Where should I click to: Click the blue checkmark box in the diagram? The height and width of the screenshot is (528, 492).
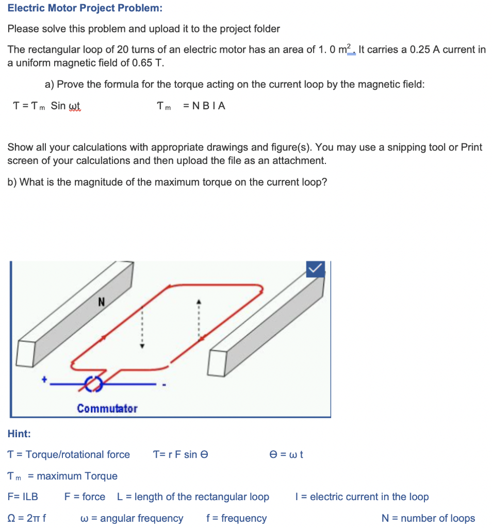316,269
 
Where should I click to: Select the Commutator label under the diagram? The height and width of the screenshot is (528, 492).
107,409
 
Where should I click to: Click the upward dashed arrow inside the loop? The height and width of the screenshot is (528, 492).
196,320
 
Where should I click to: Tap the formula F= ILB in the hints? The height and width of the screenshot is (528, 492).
23,497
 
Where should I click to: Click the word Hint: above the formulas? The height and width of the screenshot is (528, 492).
19,434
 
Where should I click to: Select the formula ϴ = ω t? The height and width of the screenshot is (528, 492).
286,454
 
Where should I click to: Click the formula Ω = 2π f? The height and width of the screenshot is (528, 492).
27,518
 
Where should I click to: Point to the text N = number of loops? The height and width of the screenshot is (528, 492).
428,518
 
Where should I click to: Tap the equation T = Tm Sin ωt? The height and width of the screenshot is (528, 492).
46,106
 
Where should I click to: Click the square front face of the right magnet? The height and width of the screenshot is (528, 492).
218,363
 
